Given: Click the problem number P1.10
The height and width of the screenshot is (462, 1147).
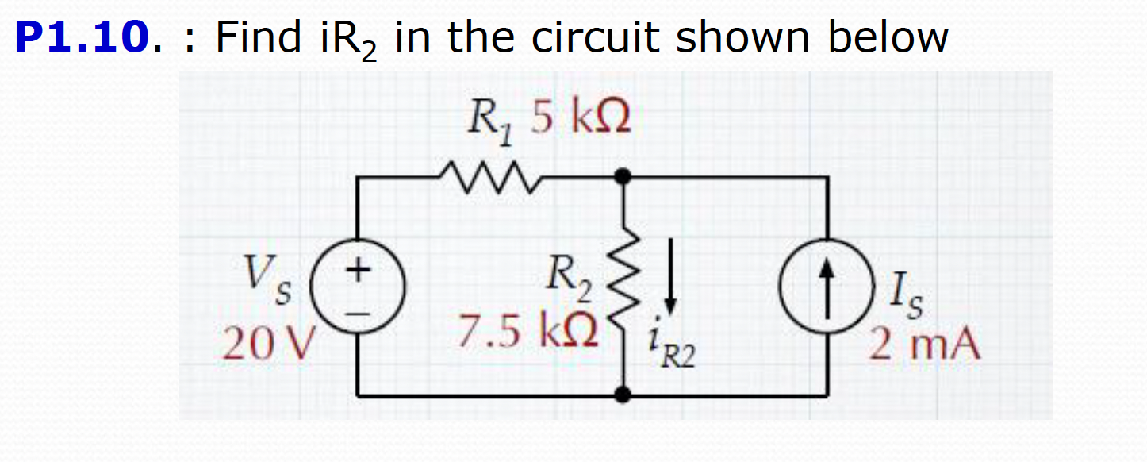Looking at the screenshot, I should point(82,37).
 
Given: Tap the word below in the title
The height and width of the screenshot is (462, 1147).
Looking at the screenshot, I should point(888,37).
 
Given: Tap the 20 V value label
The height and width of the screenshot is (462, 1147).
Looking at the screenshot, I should point(270,344).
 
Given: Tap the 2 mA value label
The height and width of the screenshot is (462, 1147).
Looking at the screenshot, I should point(924,345).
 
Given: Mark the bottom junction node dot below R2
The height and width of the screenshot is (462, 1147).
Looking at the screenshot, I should point(625,394).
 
